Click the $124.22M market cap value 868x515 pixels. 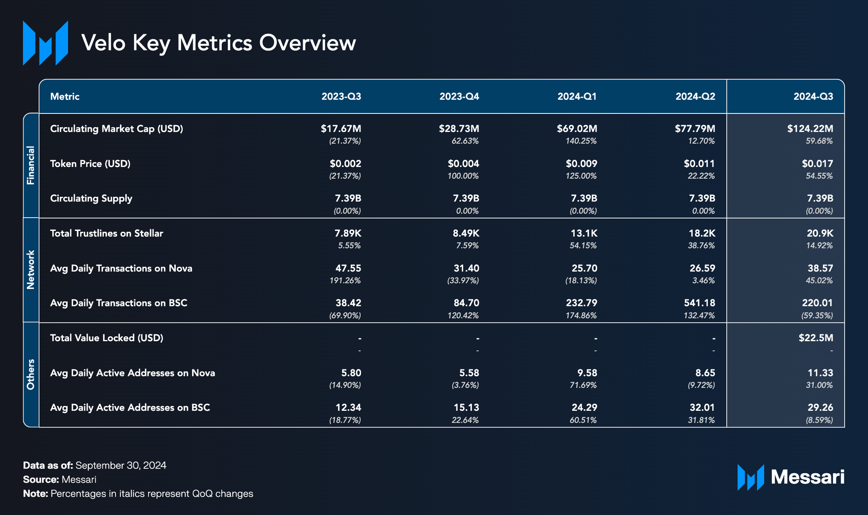point(810,129)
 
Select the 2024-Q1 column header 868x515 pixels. point(577,96)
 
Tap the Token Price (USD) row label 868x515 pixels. point(90,164)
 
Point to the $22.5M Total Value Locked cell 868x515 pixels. point(815,338)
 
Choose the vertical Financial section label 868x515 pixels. point(31,165)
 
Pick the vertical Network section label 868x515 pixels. point(31,270)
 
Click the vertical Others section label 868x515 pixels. point(31,374)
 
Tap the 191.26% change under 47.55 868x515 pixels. point(344,280)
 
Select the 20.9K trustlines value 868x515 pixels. point(820,233)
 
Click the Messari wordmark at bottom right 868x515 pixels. point(807,477)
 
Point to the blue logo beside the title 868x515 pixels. point(45,43)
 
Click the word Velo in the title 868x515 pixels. point(103,43)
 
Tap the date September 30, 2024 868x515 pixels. point(121,465)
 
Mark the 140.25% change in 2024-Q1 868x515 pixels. point(581,141)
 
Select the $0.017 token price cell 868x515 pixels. point(817,164)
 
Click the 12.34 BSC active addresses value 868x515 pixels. point(348,408)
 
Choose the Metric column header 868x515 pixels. point(65,96)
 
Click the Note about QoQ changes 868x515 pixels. point(138,494)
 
